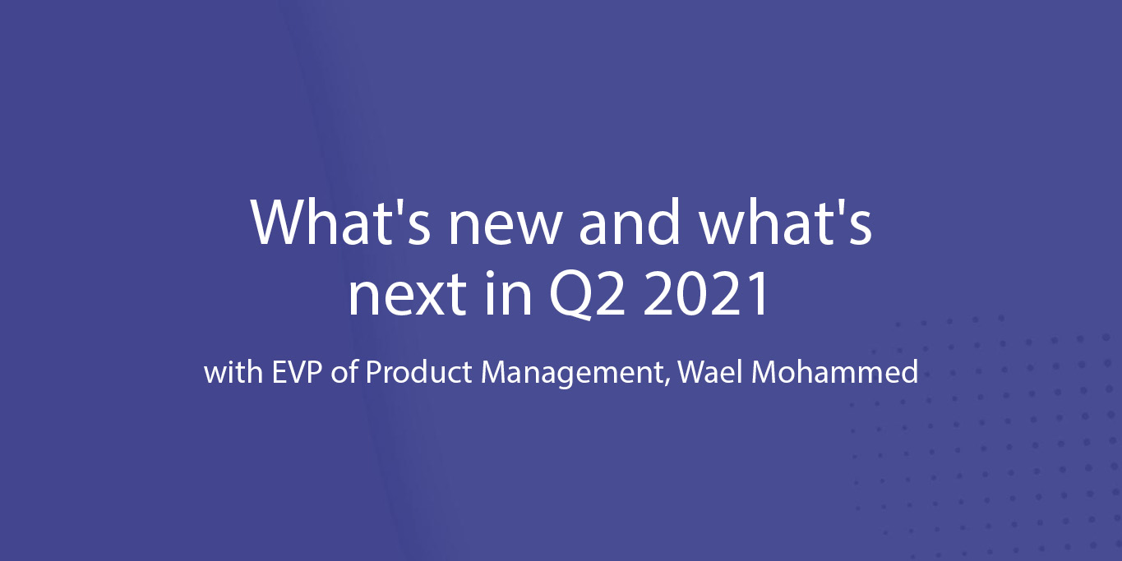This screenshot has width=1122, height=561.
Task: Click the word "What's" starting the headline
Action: point(340,222)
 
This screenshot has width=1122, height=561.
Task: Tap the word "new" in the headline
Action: point(503,228)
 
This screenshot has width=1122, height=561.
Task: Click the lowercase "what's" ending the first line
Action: point(786,222)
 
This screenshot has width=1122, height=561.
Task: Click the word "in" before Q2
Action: point(509,292)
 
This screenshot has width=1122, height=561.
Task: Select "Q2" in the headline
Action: point(588,295)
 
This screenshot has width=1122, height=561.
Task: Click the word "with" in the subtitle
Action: point(233,372)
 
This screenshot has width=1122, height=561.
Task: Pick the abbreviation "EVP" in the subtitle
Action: point(297,372)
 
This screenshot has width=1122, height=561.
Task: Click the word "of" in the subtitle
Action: point(344,372)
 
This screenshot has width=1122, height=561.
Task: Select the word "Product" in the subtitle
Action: point(418,372)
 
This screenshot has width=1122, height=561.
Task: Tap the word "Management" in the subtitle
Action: point(572,375)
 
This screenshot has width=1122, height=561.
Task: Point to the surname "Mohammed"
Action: point(834,372)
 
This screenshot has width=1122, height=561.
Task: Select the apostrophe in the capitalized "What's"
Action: point(397,205)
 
